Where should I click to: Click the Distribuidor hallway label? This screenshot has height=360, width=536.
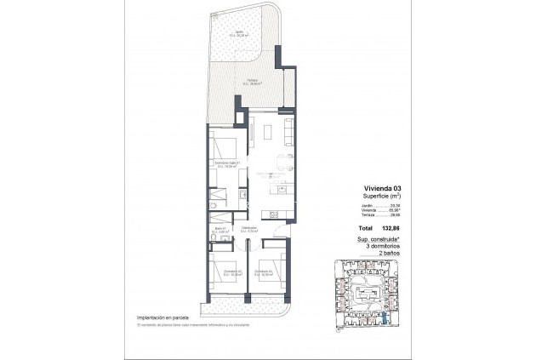point(249,229)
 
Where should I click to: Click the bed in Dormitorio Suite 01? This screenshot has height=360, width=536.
point(224,144)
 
